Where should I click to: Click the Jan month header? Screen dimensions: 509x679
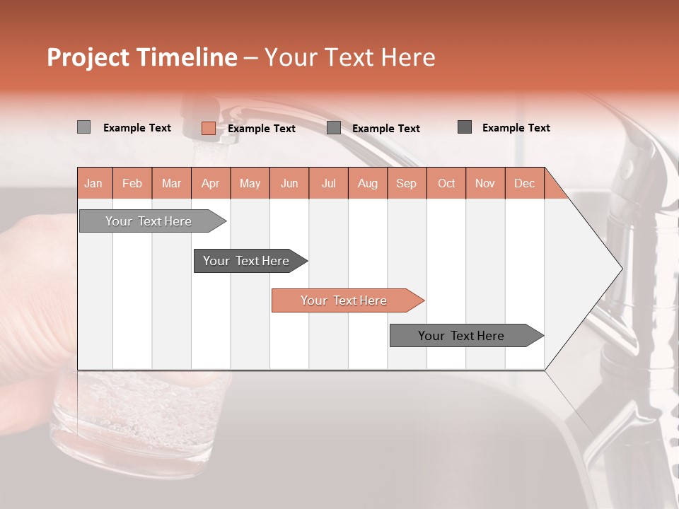click(93, 183)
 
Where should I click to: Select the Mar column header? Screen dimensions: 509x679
click(171, 183)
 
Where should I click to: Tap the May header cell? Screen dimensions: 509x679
click(250, 183)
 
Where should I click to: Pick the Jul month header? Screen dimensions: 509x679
click(328, 183)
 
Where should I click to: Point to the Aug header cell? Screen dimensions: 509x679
click(367, 183)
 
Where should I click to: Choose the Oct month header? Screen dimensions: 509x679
click(446, 183)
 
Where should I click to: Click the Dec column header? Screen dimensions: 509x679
click(524, 183)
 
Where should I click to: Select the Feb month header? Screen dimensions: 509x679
click(132, 183)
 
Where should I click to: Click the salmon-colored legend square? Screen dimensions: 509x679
click(208, 128)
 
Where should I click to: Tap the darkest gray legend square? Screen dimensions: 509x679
click(465, 127)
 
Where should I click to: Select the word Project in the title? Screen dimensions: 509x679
click(89, 57)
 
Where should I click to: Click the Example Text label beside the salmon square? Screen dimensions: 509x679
click(262, 129)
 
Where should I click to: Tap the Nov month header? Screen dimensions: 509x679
click(485, 183)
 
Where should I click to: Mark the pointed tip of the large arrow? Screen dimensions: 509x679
click(621, 269)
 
